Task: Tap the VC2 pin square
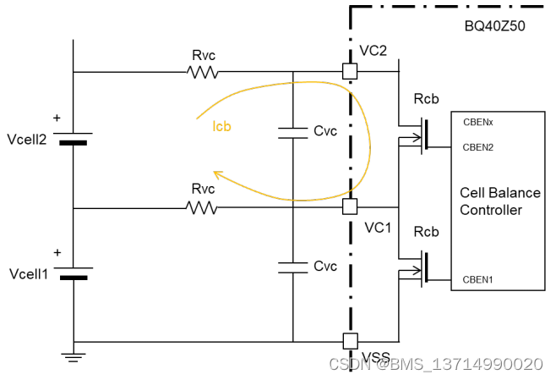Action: pos(350,72)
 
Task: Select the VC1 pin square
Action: pos(350,207)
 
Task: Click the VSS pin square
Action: pos(350,342)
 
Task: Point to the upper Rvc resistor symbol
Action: pos(203,73)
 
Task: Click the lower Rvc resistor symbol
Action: pos(203,207)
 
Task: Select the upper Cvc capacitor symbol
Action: pos(292,132)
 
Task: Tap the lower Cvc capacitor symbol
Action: pos(292,267)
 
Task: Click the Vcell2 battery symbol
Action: pos(74,137)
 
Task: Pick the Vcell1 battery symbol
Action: pos(74,273)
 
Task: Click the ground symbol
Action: pos(74,356)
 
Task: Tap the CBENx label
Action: pos(477,122)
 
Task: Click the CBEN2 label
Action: pos(477,147)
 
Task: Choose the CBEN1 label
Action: pos(477,279)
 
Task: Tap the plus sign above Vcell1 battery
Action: pos(57,252)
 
